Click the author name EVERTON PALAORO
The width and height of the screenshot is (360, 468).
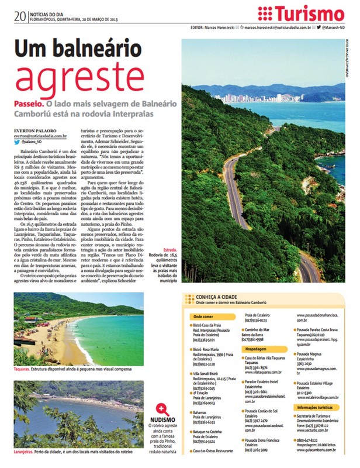pos(36,129)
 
